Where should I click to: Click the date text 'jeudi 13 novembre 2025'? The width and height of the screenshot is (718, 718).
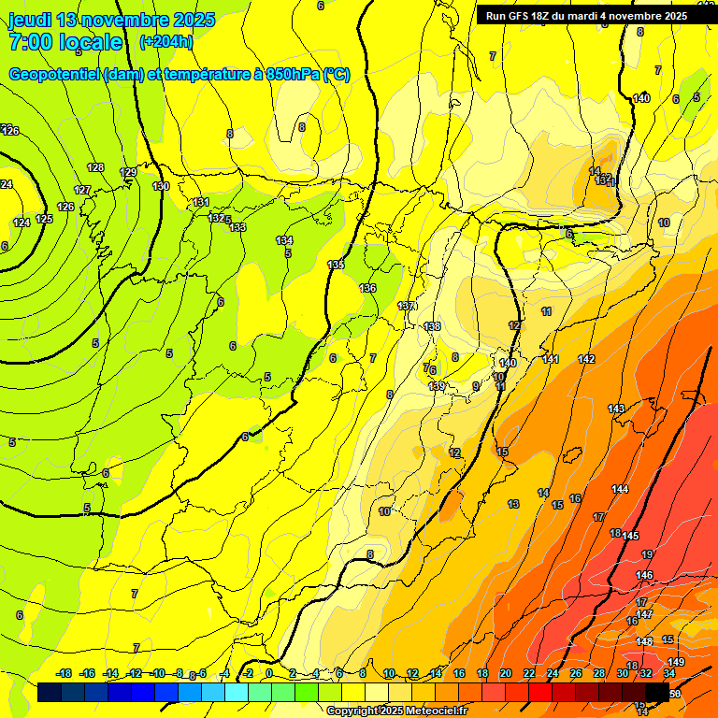[x=111, y=20]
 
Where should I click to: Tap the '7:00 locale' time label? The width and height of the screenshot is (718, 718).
[x=65, y=42]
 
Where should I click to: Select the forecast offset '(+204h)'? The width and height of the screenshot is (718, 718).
[x=165, y=41]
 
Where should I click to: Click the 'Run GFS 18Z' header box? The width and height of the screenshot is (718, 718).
[x=587, y=15]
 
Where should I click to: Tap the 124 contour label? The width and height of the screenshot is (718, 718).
[x=22, y=223]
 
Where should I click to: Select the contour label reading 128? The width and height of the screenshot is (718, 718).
[x=95, y=167]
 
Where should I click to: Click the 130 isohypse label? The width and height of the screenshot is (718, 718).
[x=161, y=186]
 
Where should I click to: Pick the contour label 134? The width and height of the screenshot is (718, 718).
[x=284, y=241]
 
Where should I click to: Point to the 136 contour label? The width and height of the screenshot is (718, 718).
[x=367, y=288]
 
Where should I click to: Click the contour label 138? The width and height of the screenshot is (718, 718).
[x=432, y=326]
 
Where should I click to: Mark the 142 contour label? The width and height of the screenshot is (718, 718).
[x=586, y=359]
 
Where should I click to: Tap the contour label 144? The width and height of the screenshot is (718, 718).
[x=620, y=490]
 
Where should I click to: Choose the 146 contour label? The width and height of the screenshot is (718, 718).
[x=644, y=575]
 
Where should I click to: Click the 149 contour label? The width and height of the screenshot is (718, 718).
[x=676, y=662]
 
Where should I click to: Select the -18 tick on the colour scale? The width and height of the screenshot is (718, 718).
[x=65, y=673]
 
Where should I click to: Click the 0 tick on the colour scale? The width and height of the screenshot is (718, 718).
[x=268, y=673]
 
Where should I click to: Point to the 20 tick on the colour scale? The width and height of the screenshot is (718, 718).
[x=506, y=673]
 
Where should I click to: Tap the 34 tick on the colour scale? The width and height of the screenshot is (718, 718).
[x=669, y=673]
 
